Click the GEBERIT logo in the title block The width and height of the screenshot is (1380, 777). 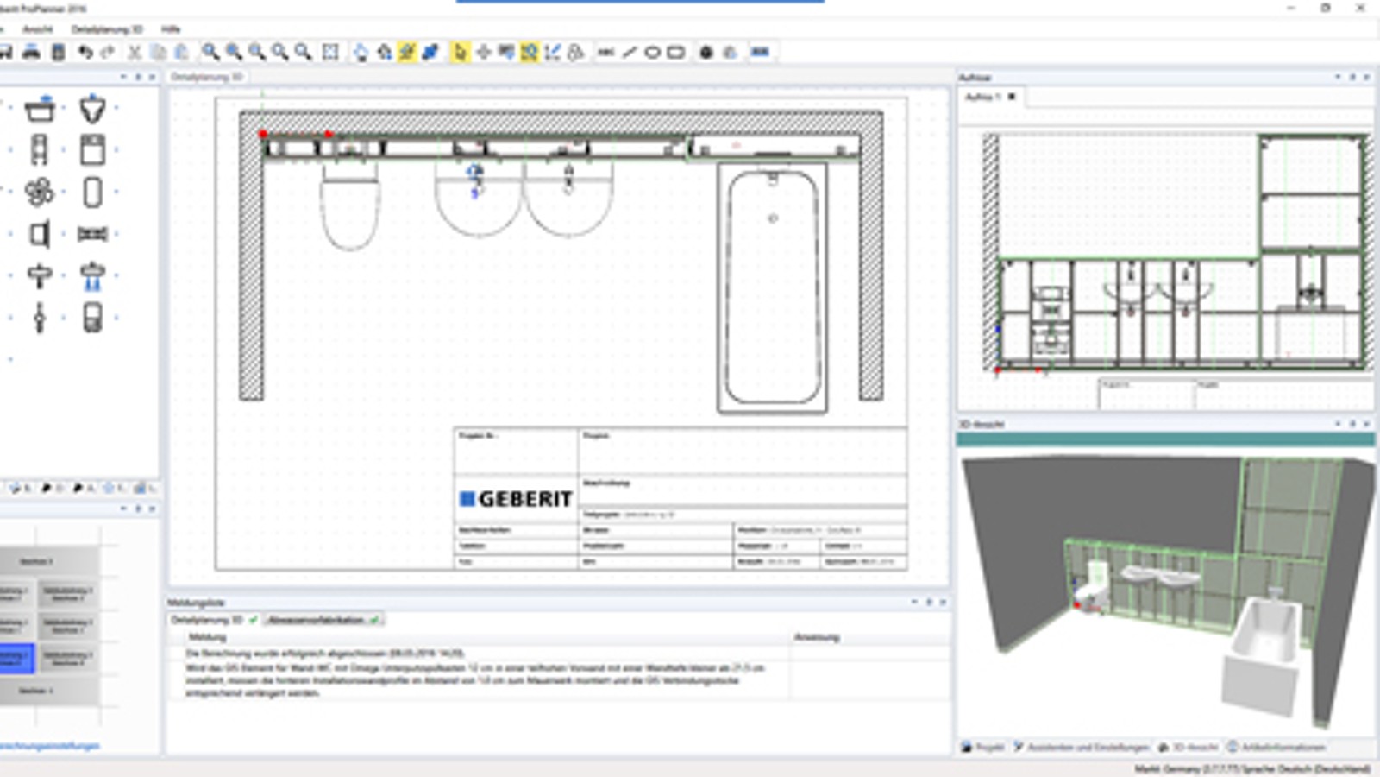[516, 499]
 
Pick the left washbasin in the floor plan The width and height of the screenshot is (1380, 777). [478, 203]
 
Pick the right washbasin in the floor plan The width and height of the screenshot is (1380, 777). [568, 203]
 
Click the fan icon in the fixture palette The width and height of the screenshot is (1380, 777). [39, 192]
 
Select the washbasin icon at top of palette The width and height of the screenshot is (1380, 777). [40, 110]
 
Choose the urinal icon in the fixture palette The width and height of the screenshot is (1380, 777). [92, 110]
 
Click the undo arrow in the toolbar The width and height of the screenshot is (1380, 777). [85, 53]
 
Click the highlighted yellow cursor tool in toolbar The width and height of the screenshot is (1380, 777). [460, 53]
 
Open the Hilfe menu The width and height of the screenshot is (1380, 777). [171, 29]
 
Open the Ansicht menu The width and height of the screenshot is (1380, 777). [37, 29]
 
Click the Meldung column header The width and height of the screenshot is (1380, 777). [207, 637]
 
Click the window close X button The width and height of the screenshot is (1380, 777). [1361, 8]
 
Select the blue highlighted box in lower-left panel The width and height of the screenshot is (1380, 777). [16, 658]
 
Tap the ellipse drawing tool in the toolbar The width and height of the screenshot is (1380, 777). [653, 53]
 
